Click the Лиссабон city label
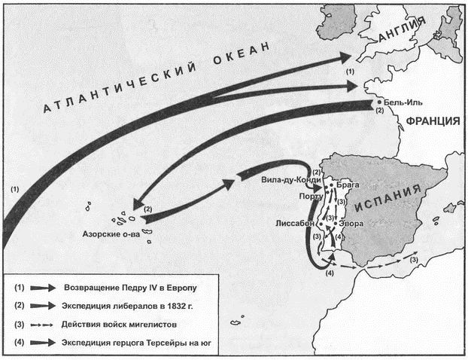point(296,224)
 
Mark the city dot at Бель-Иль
point(376,102)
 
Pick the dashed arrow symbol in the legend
point(46,325)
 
